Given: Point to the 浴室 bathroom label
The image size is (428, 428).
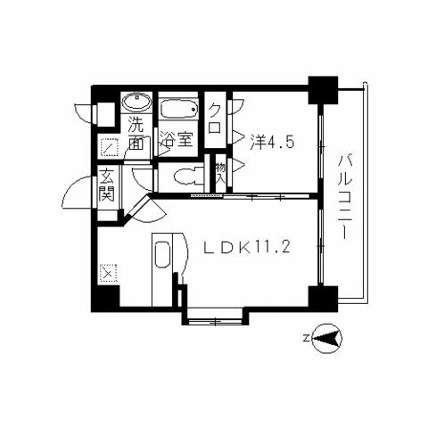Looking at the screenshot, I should (177, 139).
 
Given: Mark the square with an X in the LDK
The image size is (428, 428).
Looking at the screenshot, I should (108, 272).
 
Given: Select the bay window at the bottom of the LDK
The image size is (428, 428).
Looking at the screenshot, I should (214, 314).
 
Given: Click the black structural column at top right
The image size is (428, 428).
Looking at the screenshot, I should (321, 87).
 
